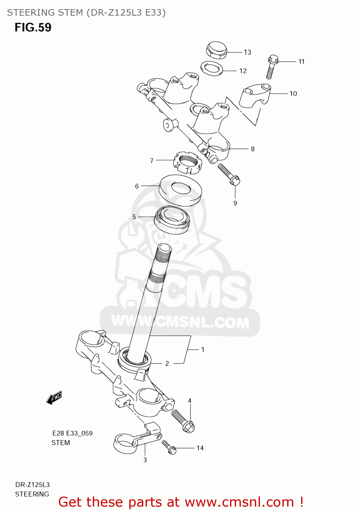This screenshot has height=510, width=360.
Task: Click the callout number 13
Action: click(x=247, y=52)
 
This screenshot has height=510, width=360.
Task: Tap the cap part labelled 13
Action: click(x=216, y=50)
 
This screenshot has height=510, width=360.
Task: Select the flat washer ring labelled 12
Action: click(x=212, y=68)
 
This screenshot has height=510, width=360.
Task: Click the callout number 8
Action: click(x=253, y=149)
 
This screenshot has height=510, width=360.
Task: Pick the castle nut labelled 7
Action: click(x=187, y=163)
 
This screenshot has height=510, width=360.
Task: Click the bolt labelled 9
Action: click(x=229, y=174)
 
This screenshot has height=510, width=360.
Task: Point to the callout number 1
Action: click(x=203, y=350)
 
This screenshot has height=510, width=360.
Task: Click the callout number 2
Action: click(x=167, y=363)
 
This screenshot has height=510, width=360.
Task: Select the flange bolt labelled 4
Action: click(x=183, y=421)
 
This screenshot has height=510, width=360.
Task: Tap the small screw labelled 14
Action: click(x=169, y=447)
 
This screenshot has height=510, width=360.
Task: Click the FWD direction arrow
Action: click(x=54, y=397)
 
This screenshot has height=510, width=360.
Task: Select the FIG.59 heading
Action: click(x=33, y=28)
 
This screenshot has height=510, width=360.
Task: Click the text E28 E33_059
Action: click(x=72, y=433)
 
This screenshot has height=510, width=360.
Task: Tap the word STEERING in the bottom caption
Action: click(x=32, y=494)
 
